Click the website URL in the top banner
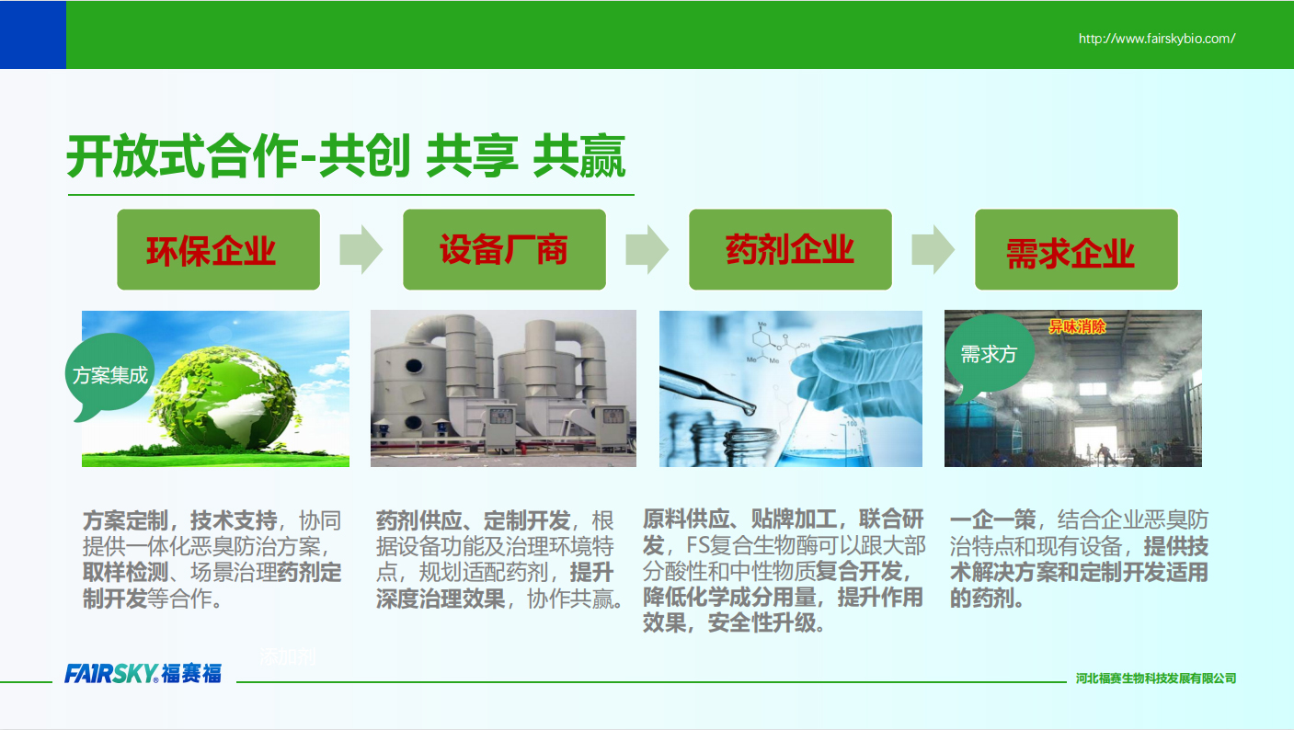[1157, 39]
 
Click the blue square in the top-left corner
[33, 35]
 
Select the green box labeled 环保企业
[218, 249]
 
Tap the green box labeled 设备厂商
[504, 249]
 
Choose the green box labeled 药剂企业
[790, 249]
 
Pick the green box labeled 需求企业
[1076, 249]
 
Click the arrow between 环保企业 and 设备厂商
[361, 249]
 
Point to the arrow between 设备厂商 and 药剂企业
[647, 249]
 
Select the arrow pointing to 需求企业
[933, 249]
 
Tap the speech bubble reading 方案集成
[109, 374]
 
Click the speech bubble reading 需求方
[989, 353]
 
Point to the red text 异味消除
[1077, 327]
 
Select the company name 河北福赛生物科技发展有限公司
[1156, 678]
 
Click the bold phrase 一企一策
[993, 520]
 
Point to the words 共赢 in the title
[578, 156]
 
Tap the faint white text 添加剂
[288, 656]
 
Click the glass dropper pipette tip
[750, 410]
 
